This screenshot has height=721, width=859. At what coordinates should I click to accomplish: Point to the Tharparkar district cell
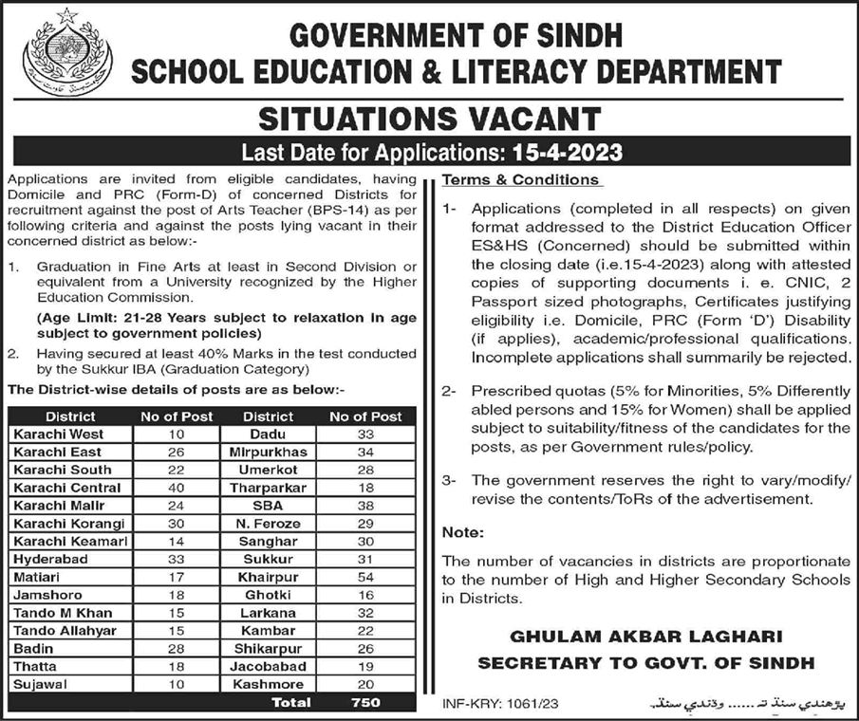point(270,488)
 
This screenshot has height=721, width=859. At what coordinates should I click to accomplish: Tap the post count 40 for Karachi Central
point(175,488)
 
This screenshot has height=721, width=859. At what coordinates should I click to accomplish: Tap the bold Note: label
point(463,533)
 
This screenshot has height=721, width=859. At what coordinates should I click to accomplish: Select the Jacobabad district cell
point(270,667)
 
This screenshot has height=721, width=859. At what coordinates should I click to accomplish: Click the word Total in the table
point(290,703)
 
